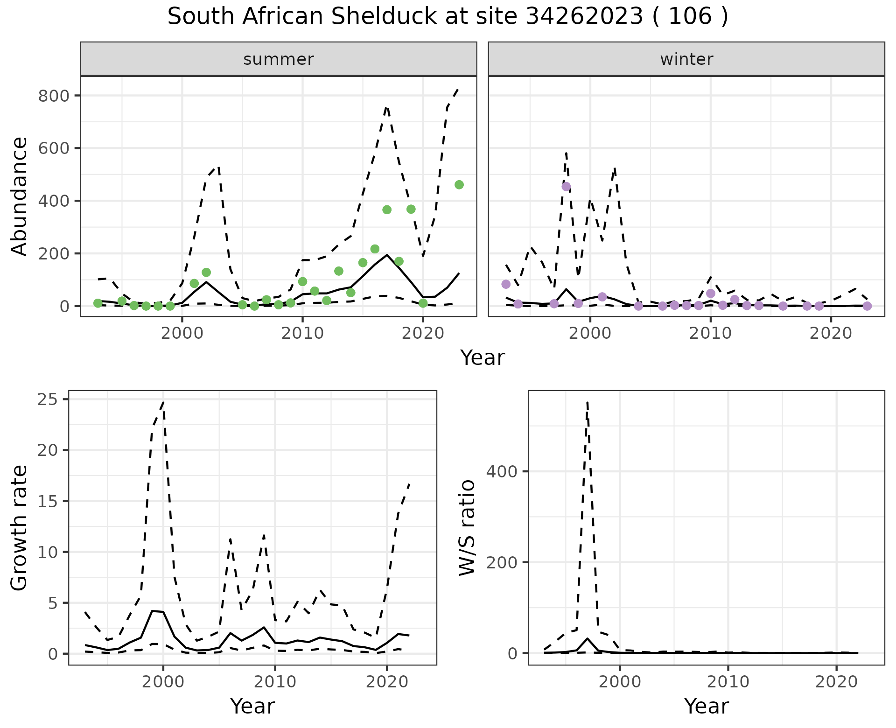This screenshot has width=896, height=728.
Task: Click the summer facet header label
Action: (x=279, y=59)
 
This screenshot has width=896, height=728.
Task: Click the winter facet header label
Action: (x=686, y=59)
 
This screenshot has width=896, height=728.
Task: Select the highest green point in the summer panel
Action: (x=459, y=185)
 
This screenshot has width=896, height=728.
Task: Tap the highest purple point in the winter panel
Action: (x=566, y=187)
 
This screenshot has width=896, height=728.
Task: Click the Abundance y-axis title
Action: (x=20, y=196)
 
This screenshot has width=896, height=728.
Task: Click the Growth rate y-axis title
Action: (x=20, y=528)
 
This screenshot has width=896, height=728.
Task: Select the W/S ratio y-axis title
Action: (x=467, y=528)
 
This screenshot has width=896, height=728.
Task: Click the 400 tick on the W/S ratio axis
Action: (x=502, y=471)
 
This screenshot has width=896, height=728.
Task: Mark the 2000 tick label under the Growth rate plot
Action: (x=163, y=682)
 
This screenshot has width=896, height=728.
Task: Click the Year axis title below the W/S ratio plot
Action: (x=706, y=707)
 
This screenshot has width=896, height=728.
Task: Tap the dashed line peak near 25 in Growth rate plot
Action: (x=163, y=402)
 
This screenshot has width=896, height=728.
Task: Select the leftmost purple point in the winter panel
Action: (x=506, y=284)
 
